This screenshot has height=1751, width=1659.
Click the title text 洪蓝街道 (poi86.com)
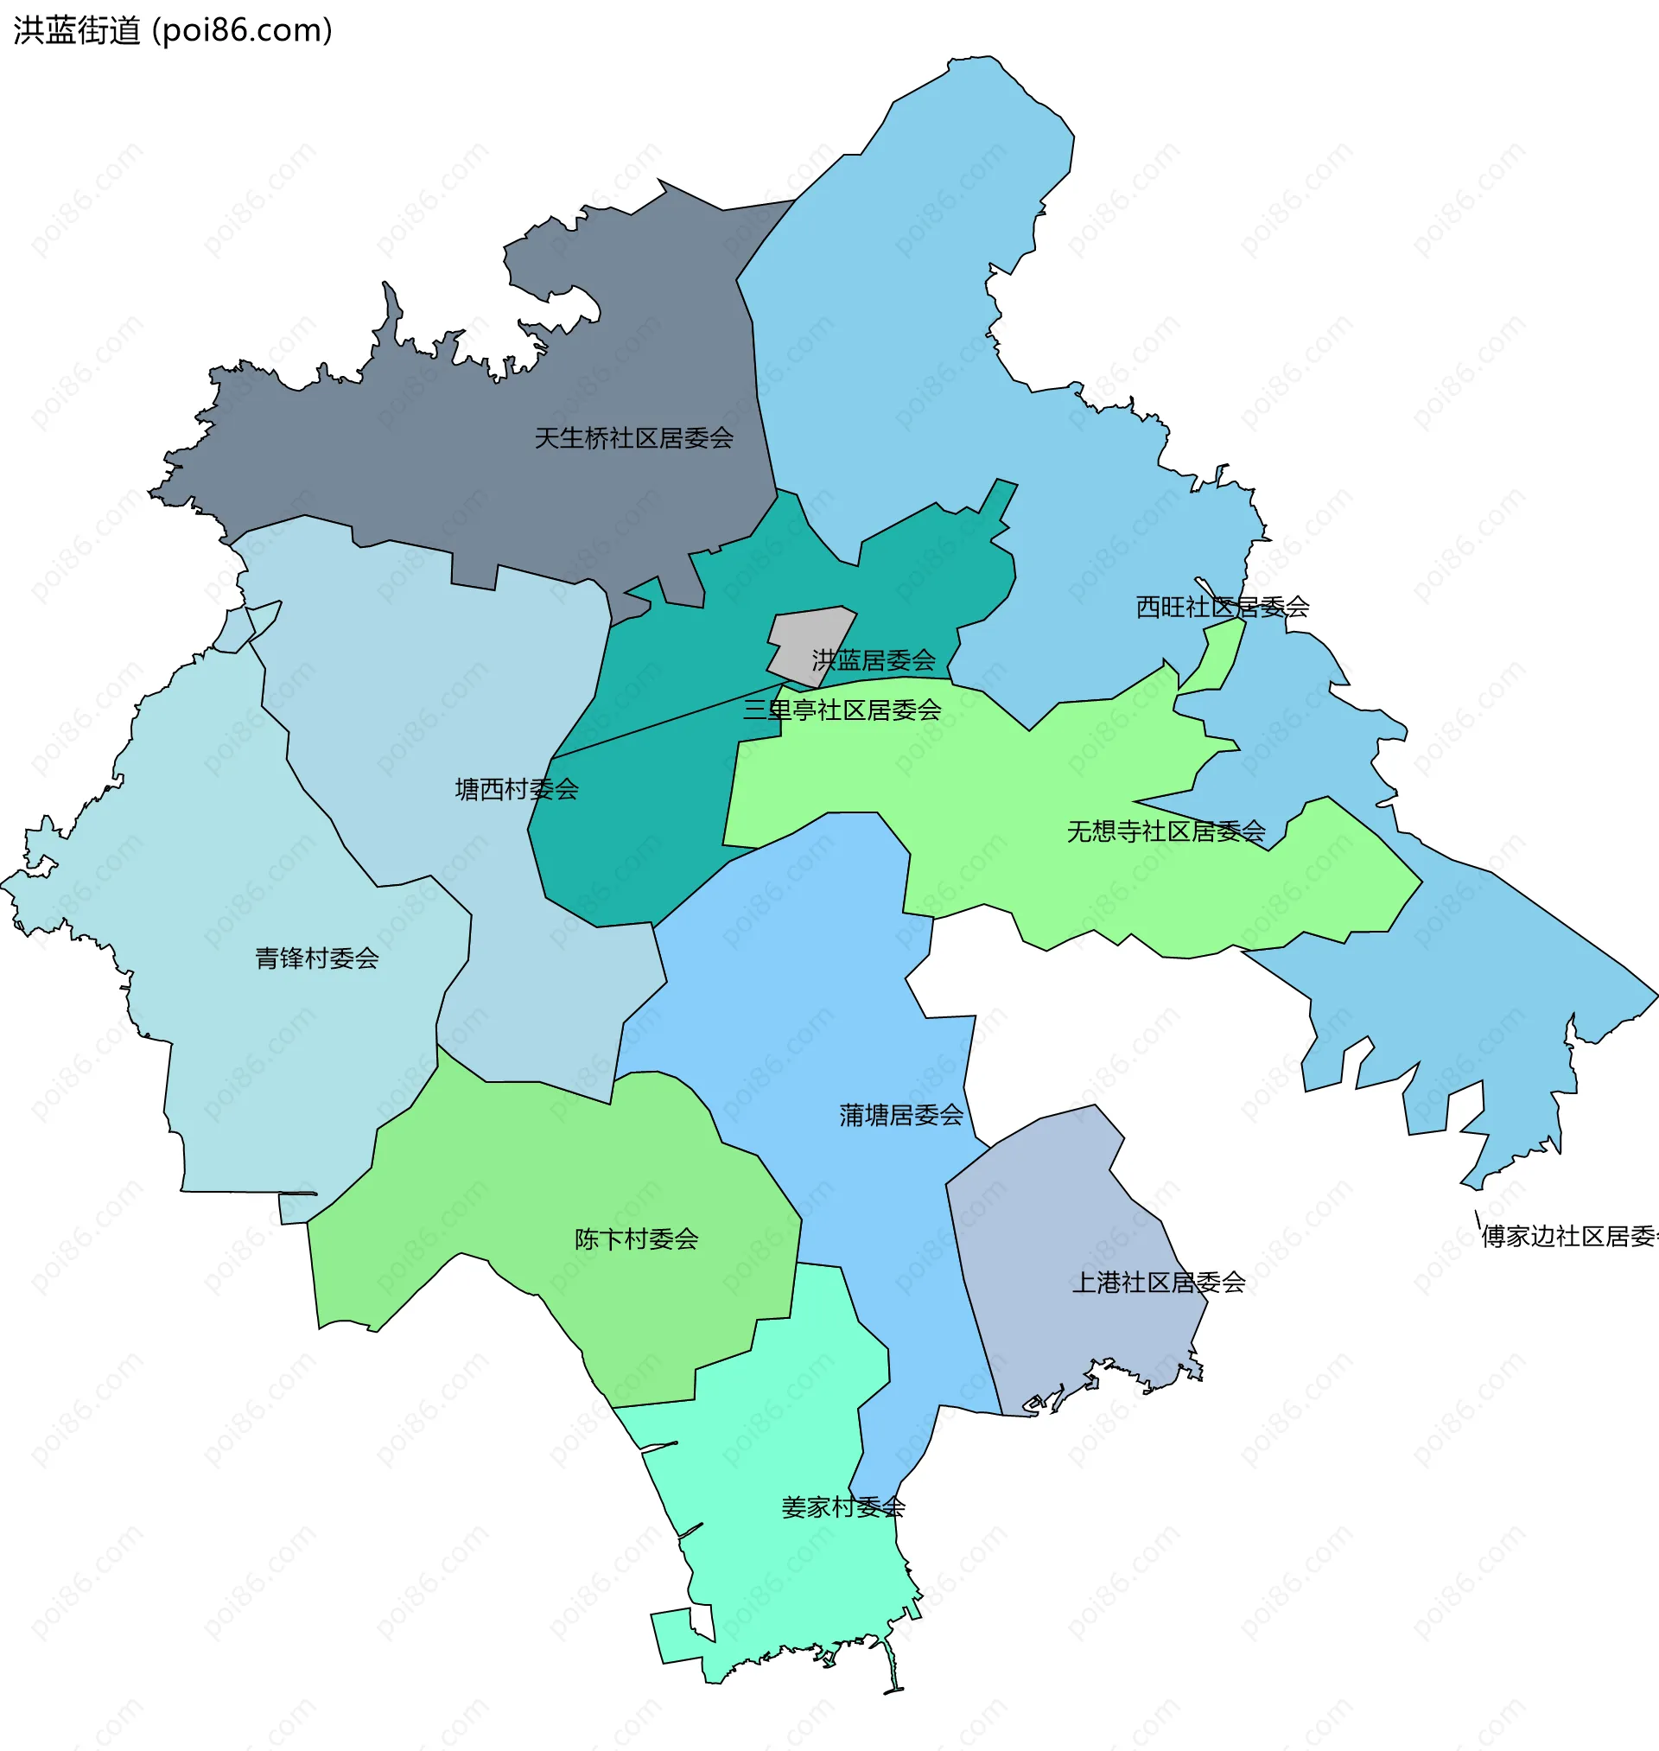(x=173, y=31)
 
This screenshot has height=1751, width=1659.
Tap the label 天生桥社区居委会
(x=633, y=439)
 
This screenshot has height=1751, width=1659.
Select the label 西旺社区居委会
(x=1221, y=608)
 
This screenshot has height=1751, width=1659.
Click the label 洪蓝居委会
(x=873, y=660)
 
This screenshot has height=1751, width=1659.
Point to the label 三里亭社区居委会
(x=841, y=710)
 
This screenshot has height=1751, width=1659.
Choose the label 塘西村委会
(x=517, y=790)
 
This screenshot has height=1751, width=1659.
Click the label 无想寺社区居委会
(x=1166, y=832)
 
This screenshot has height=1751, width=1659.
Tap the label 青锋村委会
(x=316, y=958)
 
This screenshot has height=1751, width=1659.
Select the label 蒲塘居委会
(x=900, y=1116)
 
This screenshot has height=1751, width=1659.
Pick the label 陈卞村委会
(x=636, y=1240)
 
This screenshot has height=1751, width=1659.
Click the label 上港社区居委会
(x=1158, y=1283)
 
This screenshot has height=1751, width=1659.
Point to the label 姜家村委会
(x=842, y=1508)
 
